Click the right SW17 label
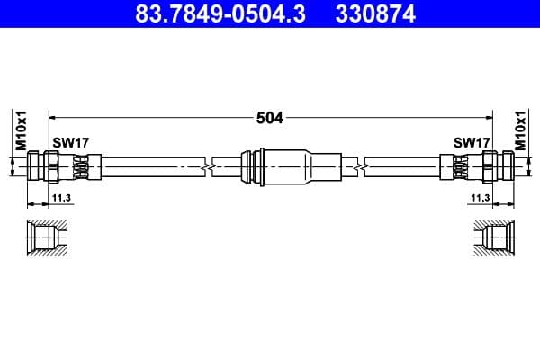pyautogui.click(x=471, y=142)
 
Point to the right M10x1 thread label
pyautogui.click(x=519, y=130)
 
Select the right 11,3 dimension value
pyautogui.click(x=479, y=196)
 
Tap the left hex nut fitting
pyautogui.click(x=45, y=166)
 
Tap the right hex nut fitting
pyautogui.click(x=495, y=166)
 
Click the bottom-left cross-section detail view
pyautogui.click(x=46, y=239)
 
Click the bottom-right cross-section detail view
pyautogui.click(x=494, y=239)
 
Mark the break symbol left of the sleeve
pyautogui.click(x=208, y=166)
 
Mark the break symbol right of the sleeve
pyautogui.click(x=361, y=166)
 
